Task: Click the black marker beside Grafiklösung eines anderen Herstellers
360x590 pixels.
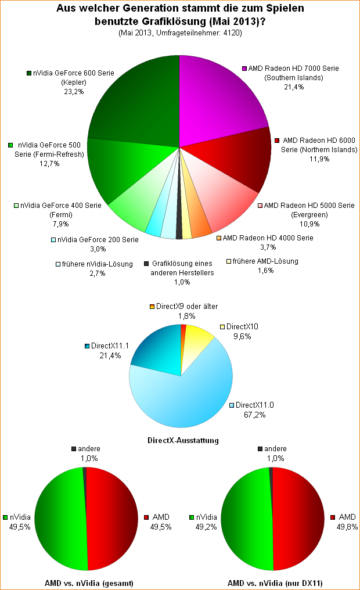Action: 147,263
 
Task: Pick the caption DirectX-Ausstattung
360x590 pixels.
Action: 181,440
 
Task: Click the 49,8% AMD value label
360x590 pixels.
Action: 343,527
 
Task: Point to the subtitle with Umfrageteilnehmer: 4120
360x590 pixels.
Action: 179,33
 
